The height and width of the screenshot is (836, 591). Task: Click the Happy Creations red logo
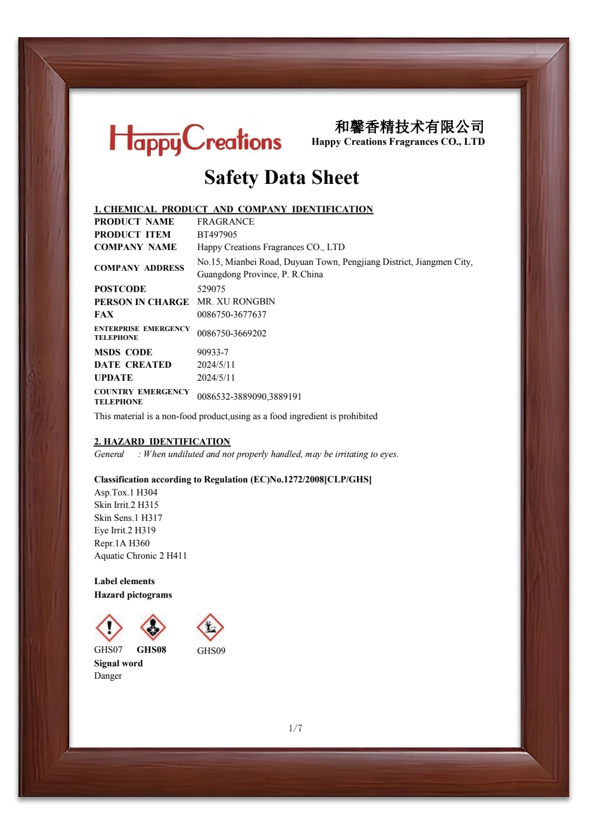point(195,140)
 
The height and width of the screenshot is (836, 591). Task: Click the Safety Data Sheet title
point(281,177)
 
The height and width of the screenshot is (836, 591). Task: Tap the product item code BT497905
point(217,235)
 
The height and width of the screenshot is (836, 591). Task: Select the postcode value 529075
point(211,289)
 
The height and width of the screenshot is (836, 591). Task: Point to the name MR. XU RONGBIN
point(236,302)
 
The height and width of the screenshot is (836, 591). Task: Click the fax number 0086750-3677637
point(232,315)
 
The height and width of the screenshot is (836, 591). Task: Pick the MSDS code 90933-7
point(213,352)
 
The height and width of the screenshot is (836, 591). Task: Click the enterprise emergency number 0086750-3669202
point(232,333)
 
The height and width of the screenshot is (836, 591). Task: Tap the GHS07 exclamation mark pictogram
point(109,627)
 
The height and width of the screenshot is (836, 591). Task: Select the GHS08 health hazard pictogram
point(152,627)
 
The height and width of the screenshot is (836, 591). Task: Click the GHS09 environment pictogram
point(210,627)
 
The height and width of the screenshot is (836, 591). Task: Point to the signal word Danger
point(108,676)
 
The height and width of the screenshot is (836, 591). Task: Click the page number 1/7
point(295,728)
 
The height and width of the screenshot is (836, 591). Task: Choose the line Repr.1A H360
point(122,543)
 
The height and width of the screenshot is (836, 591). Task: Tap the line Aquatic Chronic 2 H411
point(141,556)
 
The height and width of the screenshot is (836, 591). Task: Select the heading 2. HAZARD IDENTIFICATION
point(162,442)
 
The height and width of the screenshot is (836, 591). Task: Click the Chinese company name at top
point(410,127)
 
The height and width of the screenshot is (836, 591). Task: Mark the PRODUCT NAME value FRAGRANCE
point(226,222)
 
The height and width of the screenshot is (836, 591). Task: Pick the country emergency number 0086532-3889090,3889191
point(249,397)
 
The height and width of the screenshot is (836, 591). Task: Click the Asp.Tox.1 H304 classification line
point(126,492)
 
